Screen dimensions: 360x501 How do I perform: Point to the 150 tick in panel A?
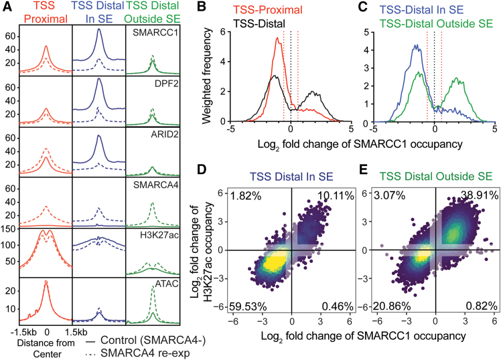(10, 211)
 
